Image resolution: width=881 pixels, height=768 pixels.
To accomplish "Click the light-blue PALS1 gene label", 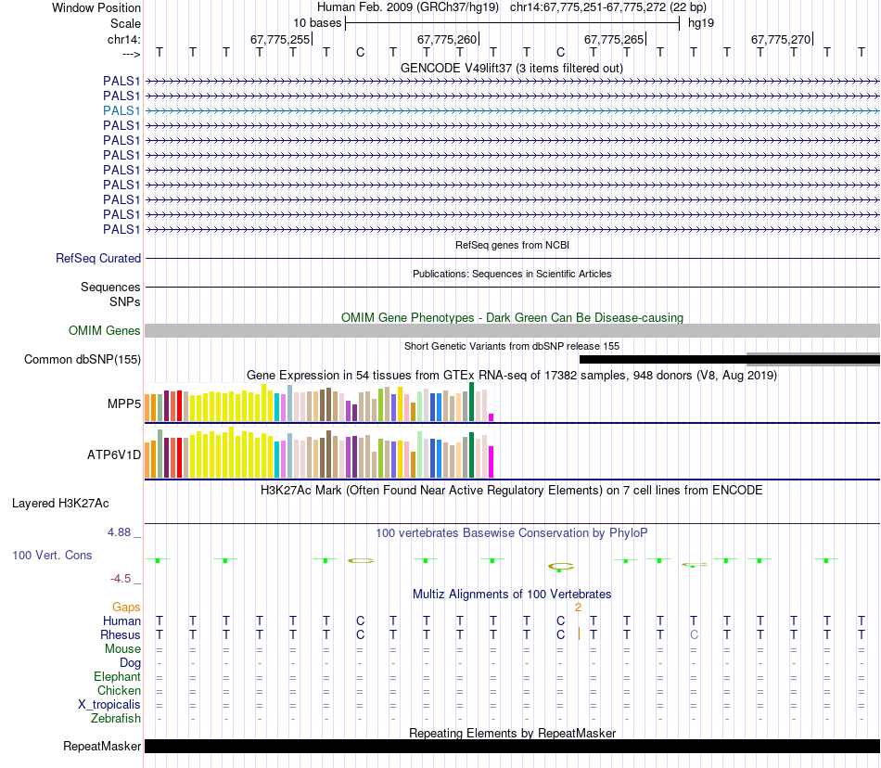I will pyautogui.click(x=121, y=110).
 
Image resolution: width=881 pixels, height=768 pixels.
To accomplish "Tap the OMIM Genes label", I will pyautogui.click(x=105, y=330).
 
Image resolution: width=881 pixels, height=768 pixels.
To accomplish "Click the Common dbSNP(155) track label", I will pyautogui.click(x=83, y=359).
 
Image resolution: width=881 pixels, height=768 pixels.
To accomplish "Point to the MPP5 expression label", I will pyautogui.click(x=124, y=404).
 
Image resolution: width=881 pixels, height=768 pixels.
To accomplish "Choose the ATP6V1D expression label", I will pyautogui.click(x=114, y=454).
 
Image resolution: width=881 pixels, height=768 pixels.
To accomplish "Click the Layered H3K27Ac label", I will pyautogui.click(x=60, y=504).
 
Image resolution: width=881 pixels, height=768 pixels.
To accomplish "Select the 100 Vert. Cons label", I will pyautogui.click(x=52, y=555).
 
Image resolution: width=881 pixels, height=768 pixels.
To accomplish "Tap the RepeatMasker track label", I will pyautogui.click(x=102, y=746).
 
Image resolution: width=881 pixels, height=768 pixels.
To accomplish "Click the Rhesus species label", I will pyautogui.click(x=121, y=634).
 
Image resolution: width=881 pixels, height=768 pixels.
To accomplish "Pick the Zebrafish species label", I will pyautogui.click(x=116, y=718).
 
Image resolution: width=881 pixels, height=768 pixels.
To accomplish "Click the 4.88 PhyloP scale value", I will pyautogui.click(x=121, y=532).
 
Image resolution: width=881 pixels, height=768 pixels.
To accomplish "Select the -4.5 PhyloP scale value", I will pyautogui.click(x=121, y=578).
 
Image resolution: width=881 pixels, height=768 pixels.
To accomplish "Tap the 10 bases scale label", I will pyautogui.click(x=317, y=22).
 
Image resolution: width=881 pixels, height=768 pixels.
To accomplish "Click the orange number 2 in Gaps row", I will pyautogui.click(x=578, y=607).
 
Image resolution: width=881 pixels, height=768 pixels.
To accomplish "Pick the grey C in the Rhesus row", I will pyautogui.click(x=694, y=634).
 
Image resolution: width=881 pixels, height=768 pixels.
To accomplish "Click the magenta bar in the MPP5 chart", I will pyautogui.click(x=492, y=416).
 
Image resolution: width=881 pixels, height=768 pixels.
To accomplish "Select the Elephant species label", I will pyautogui.click(x=117, y=676).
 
